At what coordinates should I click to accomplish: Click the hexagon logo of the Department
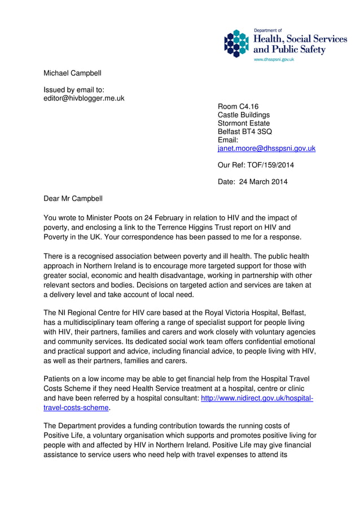coord(236,43)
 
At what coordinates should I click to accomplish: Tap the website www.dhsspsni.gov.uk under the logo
coord(274,59)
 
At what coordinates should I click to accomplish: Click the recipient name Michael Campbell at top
coord(73,73)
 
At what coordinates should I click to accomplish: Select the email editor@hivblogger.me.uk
coord(84,98)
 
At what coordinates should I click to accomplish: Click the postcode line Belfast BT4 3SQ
coord(244,132)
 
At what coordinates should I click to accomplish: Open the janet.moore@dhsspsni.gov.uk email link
coord(266,149)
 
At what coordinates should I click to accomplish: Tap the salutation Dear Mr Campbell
coord(73,198)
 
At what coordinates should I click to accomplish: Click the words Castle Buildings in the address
coord(244,115)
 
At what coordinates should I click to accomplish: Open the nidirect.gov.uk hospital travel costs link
coord(257,399)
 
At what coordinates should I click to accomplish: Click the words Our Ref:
coord(232,165)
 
